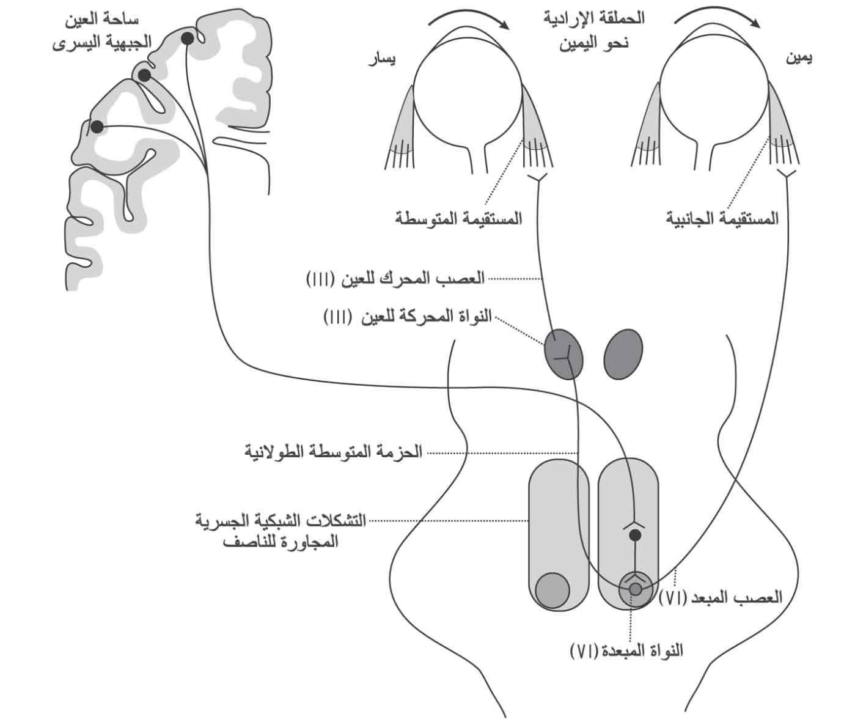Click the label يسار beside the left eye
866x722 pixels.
382,60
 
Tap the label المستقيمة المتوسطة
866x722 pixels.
458,218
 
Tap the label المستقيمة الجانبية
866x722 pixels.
722,218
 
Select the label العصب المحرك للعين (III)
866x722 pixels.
395,278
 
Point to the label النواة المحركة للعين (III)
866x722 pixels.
407,317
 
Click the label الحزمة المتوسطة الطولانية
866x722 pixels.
333,451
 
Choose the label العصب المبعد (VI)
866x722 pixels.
721,597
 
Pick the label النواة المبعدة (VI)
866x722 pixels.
626,650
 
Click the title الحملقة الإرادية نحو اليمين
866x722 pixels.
594,31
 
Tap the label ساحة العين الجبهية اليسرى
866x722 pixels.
101,31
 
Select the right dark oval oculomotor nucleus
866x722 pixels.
623,354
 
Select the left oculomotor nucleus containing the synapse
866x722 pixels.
563,354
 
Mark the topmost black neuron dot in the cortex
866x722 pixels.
188,39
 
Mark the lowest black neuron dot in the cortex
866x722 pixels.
97,127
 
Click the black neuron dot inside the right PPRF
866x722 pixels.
635,536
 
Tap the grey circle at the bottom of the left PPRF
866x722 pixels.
552,590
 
